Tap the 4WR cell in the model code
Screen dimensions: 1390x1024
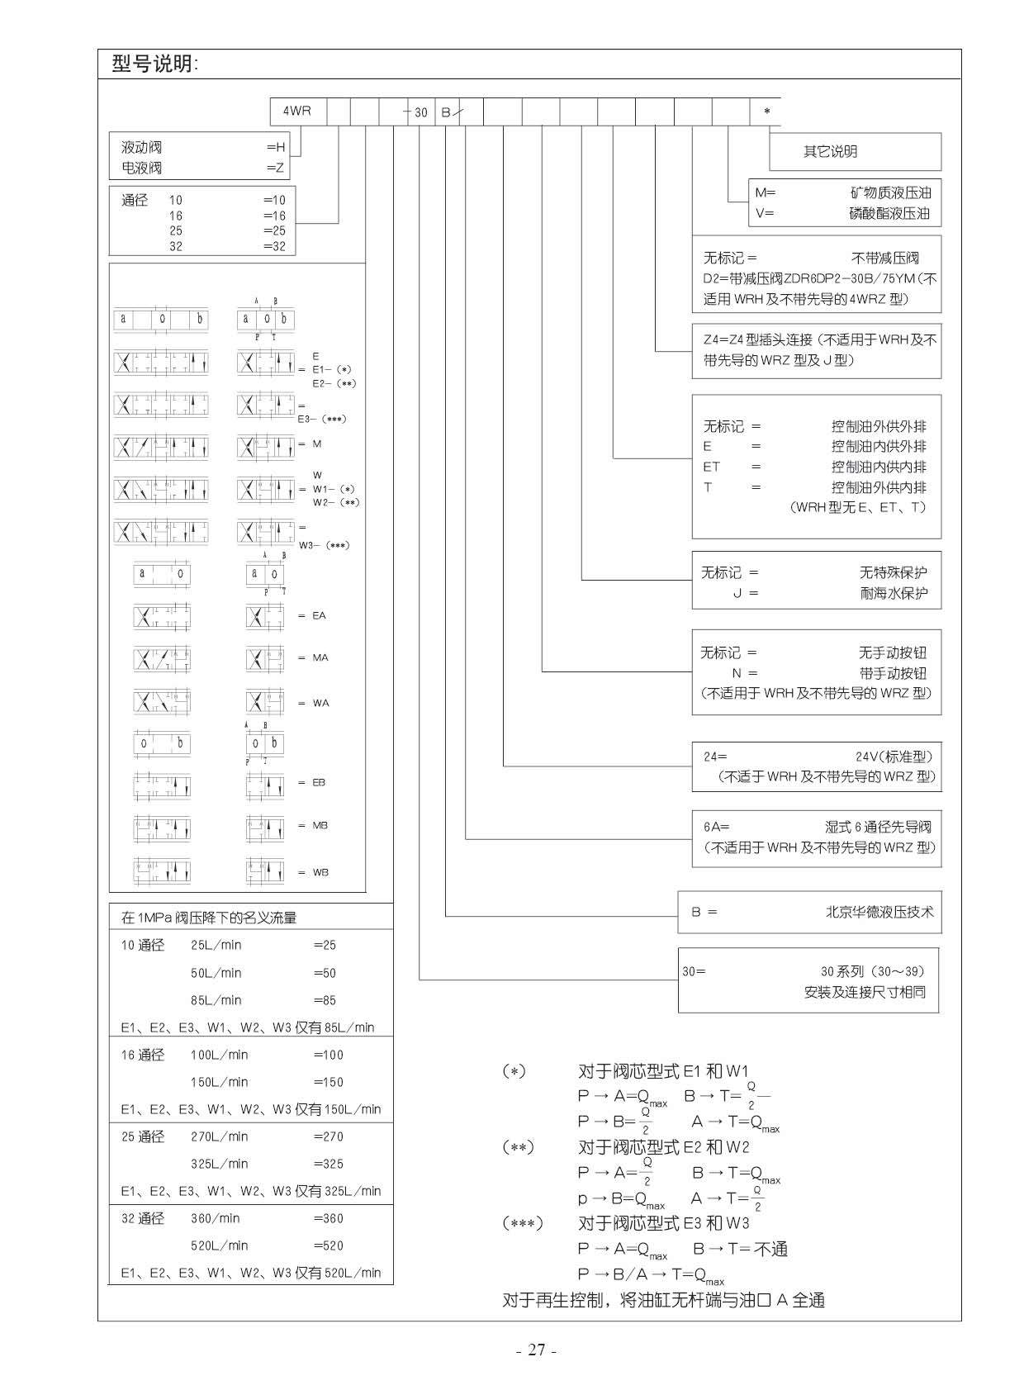click(x=297, y=111)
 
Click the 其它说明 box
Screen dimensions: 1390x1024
click(x=831, y=152)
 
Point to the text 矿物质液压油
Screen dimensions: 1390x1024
click(x=890, y=192)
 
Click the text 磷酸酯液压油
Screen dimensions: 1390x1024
click(x=890, y=213)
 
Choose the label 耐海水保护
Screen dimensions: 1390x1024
click(x=893, y=593)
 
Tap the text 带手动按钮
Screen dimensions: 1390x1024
click(x=893, y=673)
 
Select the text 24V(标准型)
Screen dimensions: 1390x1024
click(x=893, y=757)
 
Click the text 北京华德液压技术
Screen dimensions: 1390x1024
click(x=879, y=912)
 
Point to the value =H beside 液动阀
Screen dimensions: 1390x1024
click(x=276, y=147)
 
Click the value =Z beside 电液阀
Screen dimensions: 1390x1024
click(x=276, y=168)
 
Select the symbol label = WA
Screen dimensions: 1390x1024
click(x=314, y=703)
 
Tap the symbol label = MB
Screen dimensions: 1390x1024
click(x=314, y=825)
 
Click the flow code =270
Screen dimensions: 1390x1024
click(x=328, y=1136)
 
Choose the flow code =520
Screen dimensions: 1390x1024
click(x=328, y=1245)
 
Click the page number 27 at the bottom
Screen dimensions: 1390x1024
click(x=537, y=1350)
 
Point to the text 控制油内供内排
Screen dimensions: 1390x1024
click(x=879, y=467)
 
